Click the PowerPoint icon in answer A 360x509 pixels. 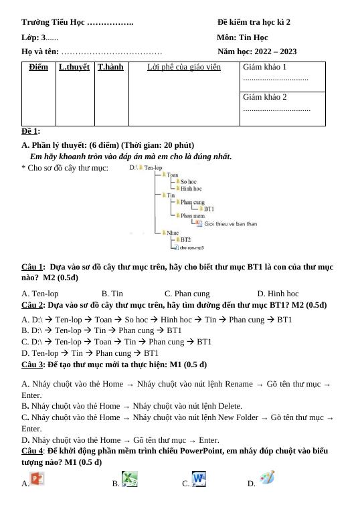(37, 479)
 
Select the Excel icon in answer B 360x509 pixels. (130, 479)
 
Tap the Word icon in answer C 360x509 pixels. (199, 479)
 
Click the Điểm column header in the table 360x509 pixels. (39, 67)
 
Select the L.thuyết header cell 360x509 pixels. (74, 67)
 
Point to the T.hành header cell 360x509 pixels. (110, 67)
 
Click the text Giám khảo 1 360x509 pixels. (265, 67)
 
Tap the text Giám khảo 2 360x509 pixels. (265, 97)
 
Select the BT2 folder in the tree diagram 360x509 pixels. (185, 239)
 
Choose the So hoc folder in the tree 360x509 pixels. (188, 182)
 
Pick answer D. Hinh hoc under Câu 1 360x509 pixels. (278, 294)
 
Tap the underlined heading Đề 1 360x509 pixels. (30, 131)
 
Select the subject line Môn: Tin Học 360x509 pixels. (242, 37)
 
